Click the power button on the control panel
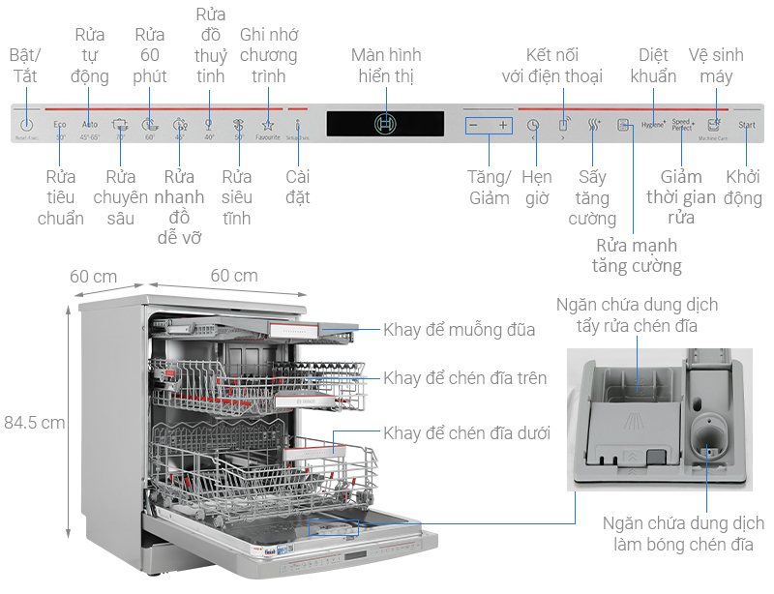point(26,125)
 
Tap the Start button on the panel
point(746,126)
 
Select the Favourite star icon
point(268,125)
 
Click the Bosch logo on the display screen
point(385,124)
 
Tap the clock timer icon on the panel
point(532,125)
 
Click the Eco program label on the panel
point(60,125)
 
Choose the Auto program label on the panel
point(90,125)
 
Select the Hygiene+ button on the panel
point(654,125)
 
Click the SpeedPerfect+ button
point(683,125)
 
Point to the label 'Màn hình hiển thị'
point(385,65)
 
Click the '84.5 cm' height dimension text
point(35,422)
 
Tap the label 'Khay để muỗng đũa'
point(459,330)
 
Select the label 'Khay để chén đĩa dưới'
point(467,433)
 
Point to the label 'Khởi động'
point(744,188)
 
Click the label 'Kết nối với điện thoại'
point(552,65)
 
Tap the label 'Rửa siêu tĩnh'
point(237,197)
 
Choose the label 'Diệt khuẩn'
point(655,65)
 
